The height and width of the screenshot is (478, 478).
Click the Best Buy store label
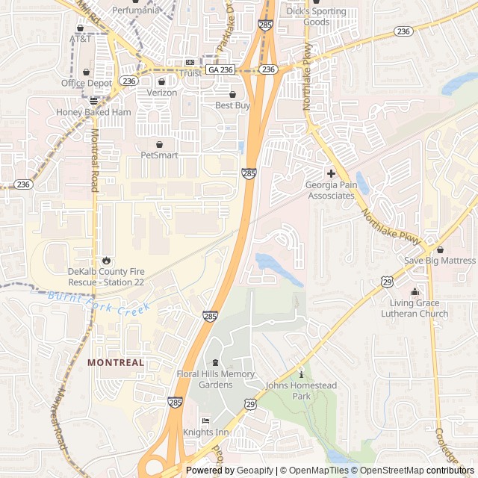[232, 105]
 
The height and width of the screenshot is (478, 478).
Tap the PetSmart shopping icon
[159, 144]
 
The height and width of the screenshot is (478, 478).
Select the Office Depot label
[87, 83]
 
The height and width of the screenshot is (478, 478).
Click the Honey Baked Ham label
[93, 112]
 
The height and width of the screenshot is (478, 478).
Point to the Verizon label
[161, 93]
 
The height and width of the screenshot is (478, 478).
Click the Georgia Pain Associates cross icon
[331, 173]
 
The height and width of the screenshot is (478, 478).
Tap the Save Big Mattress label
[439, 260]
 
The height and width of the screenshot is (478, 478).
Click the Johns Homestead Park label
[302, 391]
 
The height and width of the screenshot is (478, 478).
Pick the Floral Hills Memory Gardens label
[216, 379]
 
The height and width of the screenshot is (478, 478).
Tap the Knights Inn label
[206, 432]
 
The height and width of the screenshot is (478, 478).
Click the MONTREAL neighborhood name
[116, 362]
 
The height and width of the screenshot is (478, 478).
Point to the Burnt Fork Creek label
[99, 301]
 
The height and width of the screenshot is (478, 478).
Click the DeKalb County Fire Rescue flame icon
[106, 261]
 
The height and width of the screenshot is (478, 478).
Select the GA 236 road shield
[221, 69]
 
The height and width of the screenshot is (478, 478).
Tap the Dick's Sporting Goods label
[316, 16]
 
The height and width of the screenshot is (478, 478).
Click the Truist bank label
[190, 73]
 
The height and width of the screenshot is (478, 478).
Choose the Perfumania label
[135, 10]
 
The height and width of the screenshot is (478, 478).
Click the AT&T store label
[80, 38]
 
